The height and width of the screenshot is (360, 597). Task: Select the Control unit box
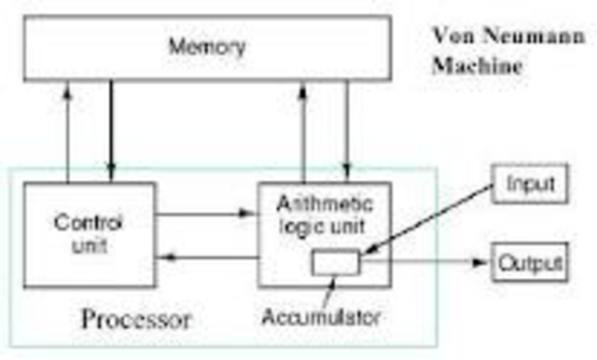[89, 234]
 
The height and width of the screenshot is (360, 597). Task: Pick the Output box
[529, 263]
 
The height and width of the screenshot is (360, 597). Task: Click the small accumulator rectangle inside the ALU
[335, 263]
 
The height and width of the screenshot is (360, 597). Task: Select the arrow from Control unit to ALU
[204, 214]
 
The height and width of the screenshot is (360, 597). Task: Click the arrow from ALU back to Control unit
[205, 256]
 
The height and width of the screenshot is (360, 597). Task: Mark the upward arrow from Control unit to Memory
[67, 131]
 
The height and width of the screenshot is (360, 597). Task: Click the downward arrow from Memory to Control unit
[111, 131]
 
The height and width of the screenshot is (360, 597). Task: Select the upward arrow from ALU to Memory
[303, 131]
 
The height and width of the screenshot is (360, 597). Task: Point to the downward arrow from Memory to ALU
[347, 131]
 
